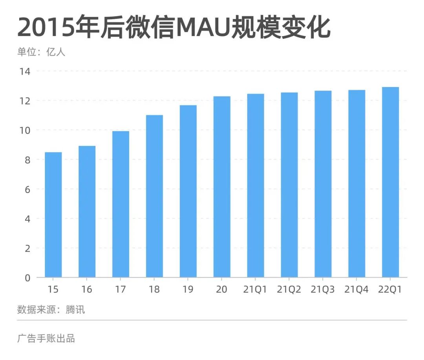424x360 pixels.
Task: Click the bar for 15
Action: [53, 215]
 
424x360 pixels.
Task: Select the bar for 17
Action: [121, 204]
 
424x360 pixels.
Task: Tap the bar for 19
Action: [188, 191]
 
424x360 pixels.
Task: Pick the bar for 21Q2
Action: [289, 185]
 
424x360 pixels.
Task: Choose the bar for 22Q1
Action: [390, 182]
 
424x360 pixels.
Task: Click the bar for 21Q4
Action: [356, 184]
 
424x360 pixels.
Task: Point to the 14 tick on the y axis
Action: [24, 71]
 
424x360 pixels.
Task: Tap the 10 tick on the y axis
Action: [24, 130]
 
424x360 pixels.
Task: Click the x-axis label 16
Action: [87, 290]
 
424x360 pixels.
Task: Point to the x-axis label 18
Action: [154, 290]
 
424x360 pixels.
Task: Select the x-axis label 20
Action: [222, 290]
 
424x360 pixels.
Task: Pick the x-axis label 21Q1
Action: [255, 290]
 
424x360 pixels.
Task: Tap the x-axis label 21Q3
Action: [323, 290]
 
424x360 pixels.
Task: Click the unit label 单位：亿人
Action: [41, 52]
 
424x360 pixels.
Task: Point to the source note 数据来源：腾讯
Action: [51, 310]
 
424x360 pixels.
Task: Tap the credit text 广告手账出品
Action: [46, 338]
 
